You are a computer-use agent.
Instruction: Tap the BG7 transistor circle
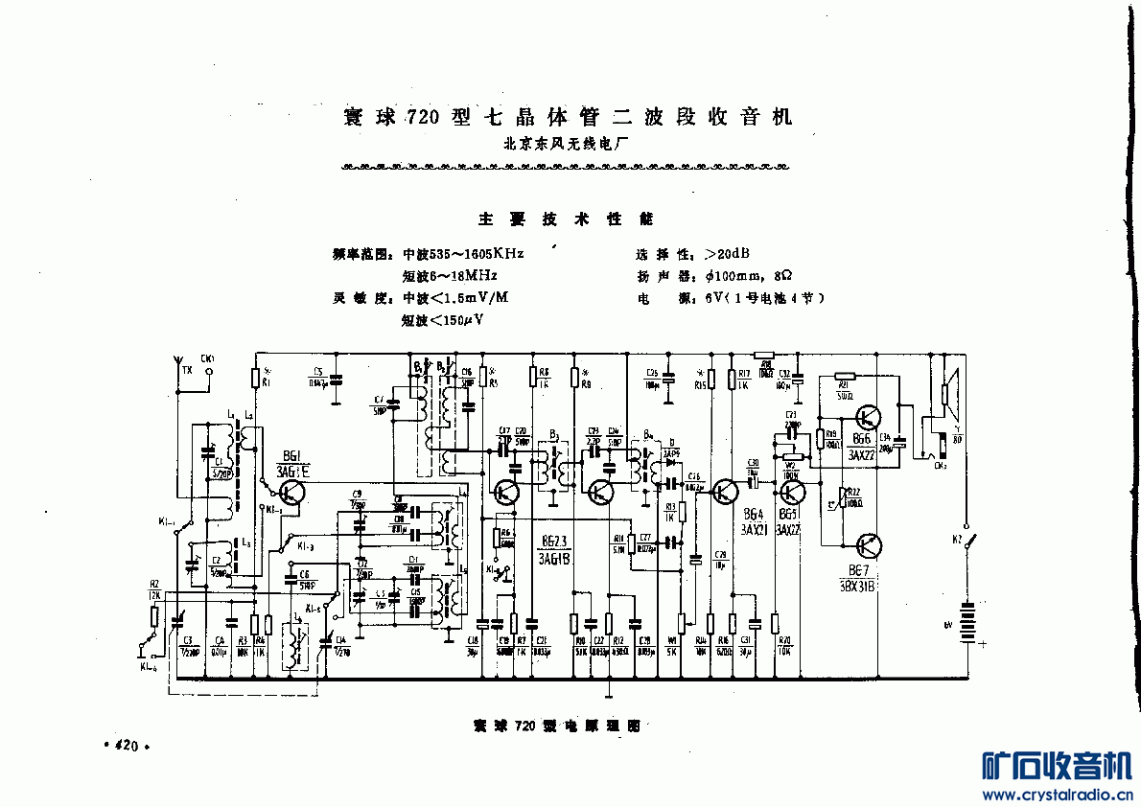pyautogui.click(x=869, y=545)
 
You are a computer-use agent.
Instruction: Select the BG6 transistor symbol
pyautogui.click(x=869, y=418)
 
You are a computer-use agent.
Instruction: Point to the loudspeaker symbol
pyautogui.click(x=949, y=393)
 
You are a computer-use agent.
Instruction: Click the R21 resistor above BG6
pyautogui.click(x=845, y=378)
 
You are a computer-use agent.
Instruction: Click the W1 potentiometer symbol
pyautogui.click(x=681, y=623)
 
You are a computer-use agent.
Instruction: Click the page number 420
pyautogui.click(x=127, y=746)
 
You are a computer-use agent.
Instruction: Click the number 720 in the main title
pyautogui.click(x=423, y=118)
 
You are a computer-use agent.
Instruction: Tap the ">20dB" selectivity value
pyautogui.click(x=727, y=254)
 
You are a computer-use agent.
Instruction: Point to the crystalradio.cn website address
pyautogui.click(x=1054, y=795)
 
